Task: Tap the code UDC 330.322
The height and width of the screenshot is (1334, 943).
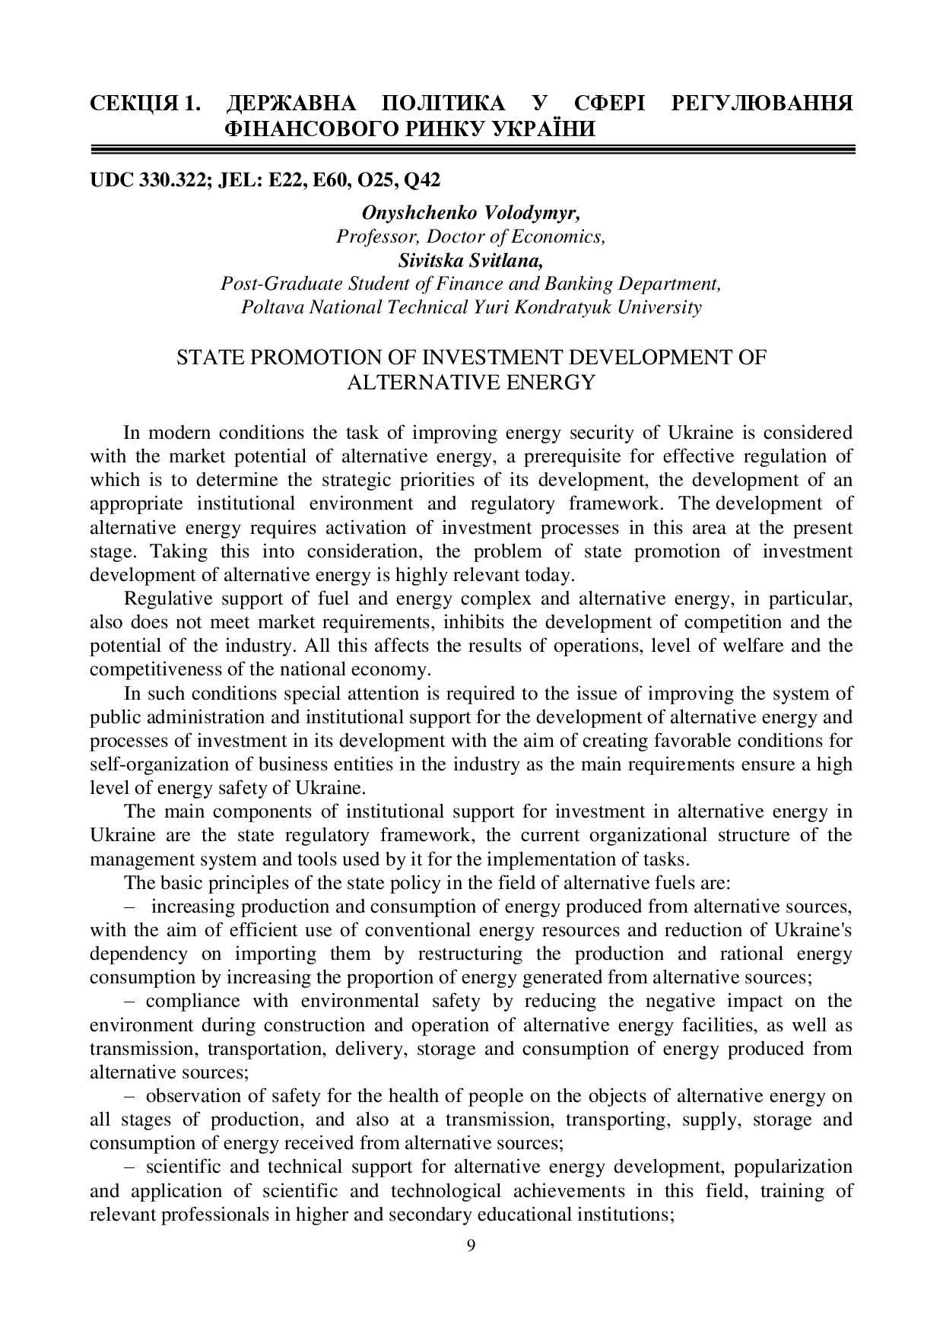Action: tap(148, 180)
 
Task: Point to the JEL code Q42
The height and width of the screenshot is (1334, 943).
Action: tap(423, 180)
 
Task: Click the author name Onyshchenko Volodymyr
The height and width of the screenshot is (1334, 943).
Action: tap(471, 213)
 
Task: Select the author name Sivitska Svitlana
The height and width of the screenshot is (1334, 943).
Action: tap(471, 260)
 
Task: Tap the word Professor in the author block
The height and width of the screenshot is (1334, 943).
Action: tap(373, 237)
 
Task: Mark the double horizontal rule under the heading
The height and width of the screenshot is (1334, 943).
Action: tap(471, 150)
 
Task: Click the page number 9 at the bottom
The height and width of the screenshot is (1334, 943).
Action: tap(471, 1245)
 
